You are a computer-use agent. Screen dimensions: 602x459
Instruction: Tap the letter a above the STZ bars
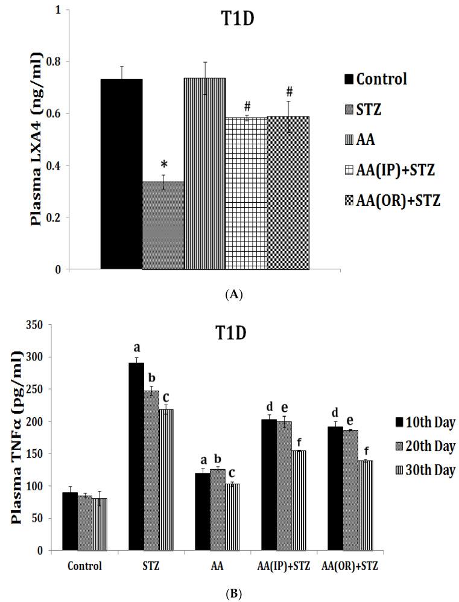pyautogui.click(x=136, y=348)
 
